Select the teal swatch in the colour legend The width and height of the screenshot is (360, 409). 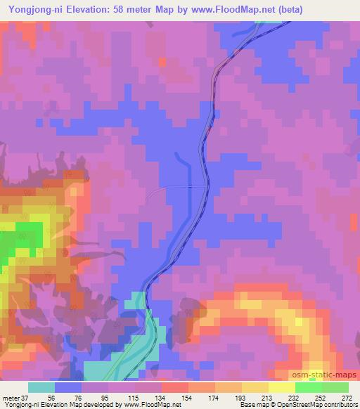pos(41,387)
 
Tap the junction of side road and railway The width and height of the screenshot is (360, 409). pos(205,186)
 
